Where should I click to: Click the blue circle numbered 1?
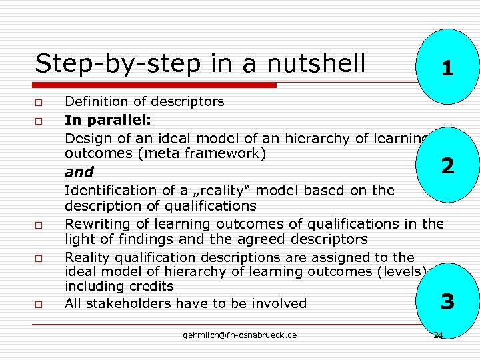pyautogui.click(x=448, y=67)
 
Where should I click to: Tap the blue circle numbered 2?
pyautogui.click(x=448, y=165)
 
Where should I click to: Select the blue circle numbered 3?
pyautogui.click(x=448, y=302)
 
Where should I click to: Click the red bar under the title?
pyautogui.click(x=155, y=85)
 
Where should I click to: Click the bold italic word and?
pyautogui.click(x=79, y=172)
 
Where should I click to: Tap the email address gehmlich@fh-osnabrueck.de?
pyautogui.click(x=240, y=335)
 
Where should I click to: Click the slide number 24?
pyautogui.click(x=438, y=335)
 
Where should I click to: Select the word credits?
pyautogui.click(x=150, y=287)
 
